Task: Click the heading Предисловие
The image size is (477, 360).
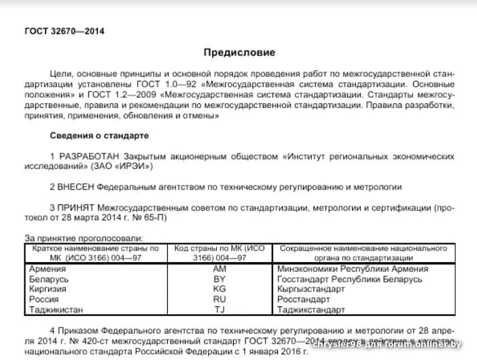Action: click(x=240, y=52)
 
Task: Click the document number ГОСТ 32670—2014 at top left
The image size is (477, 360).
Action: click(x=65, y=31)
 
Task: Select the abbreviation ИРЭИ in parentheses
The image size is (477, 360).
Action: click(x=131, y=166)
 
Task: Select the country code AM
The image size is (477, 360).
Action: click(x=219, y=269)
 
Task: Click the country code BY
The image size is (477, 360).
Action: click(x=219, y=279)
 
